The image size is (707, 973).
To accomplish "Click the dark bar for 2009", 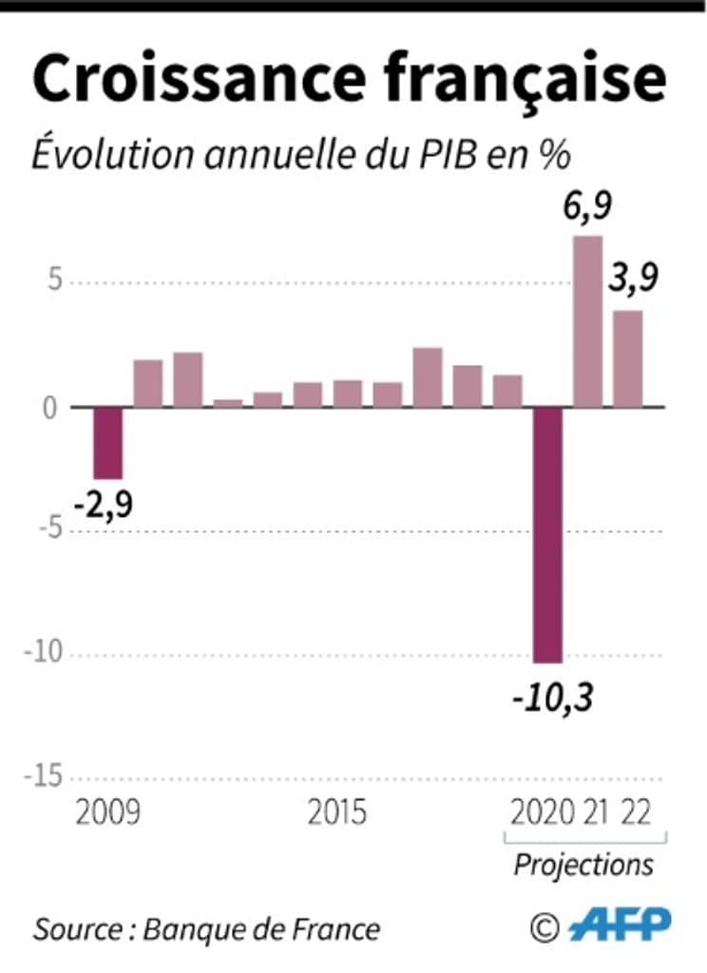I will coord(107,443).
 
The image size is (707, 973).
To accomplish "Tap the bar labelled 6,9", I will coord(587,321).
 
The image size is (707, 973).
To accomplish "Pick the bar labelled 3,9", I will coord(627,358).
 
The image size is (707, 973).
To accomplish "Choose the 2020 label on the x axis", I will coord(543,814).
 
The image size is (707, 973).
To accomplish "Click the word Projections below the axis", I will coord(583,865).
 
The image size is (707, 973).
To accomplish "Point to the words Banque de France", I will coord(261,928).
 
